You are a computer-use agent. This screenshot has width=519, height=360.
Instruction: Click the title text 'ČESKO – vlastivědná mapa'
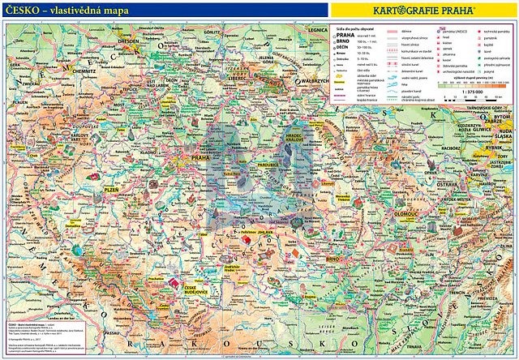tap(77, 9)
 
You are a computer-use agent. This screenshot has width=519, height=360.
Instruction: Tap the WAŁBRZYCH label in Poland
tap(314, 81)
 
